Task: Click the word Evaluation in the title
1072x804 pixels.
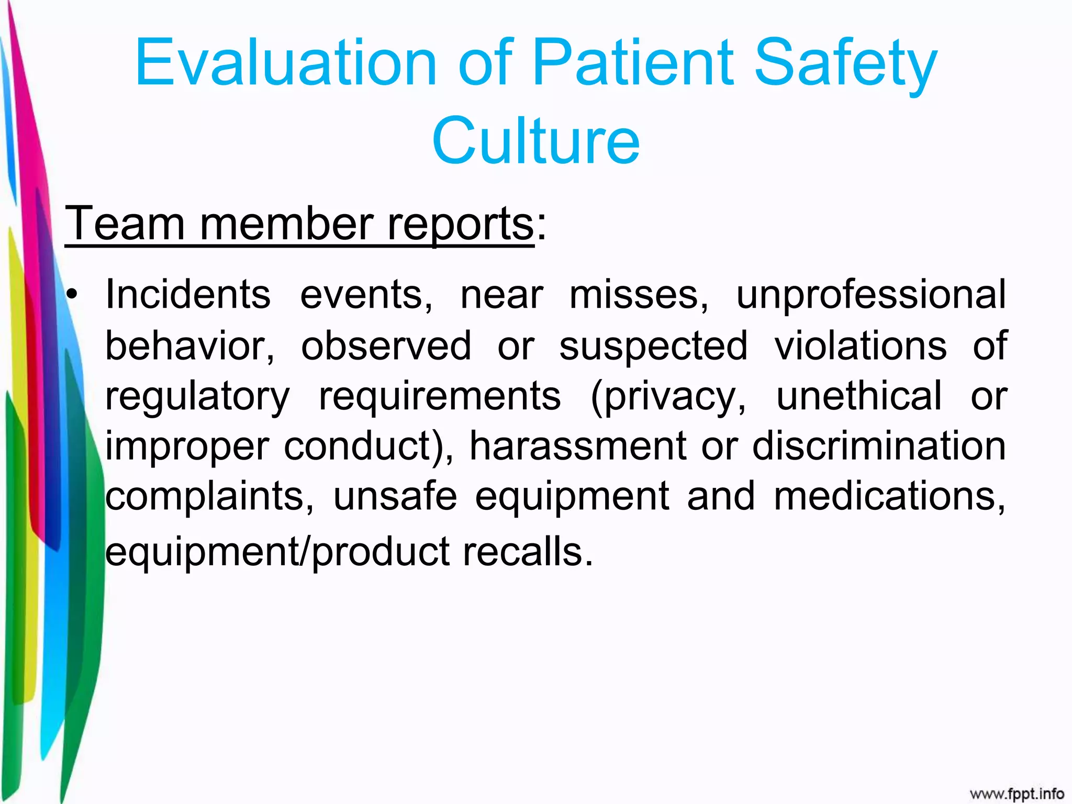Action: coord(285,63)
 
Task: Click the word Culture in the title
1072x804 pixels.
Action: coord(535,140)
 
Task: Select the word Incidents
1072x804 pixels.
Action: coord(188,295)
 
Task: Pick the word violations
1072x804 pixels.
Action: coord(861,345)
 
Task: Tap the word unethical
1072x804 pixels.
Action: coord(859,396)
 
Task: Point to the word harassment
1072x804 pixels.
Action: coord(577,446)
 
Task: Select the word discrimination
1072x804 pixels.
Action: coord(879,446)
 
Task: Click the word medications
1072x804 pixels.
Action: coord(889,496)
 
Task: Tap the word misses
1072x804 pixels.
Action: coord(639,295)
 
